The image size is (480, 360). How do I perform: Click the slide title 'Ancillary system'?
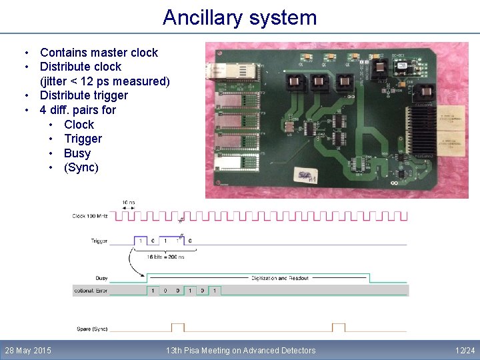click(240, 17)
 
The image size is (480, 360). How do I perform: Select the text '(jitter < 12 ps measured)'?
click(105, 81)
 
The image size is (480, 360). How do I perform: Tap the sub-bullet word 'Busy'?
click(77, 153)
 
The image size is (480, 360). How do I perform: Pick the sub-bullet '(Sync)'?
click(81, 167)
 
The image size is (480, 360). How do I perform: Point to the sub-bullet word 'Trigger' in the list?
click(83, 139)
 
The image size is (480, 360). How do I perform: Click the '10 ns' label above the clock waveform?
click(129, 203)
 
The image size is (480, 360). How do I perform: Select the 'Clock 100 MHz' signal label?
click(90, 217)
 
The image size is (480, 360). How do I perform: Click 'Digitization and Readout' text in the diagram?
click(280, 278)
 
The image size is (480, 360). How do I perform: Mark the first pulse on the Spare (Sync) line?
click(177, 327)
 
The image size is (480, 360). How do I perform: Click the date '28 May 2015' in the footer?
click(28, 351)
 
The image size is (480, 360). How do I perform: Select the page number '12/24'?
click(465, 351)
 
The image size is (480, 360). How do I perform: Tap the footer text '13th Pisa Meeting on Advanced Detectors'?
click(241, 351)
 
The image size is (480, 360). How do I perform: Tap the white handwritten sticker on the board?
click(306, 177)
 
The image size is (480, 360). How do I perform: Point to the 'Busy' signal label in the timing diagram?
click(101, 278)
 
